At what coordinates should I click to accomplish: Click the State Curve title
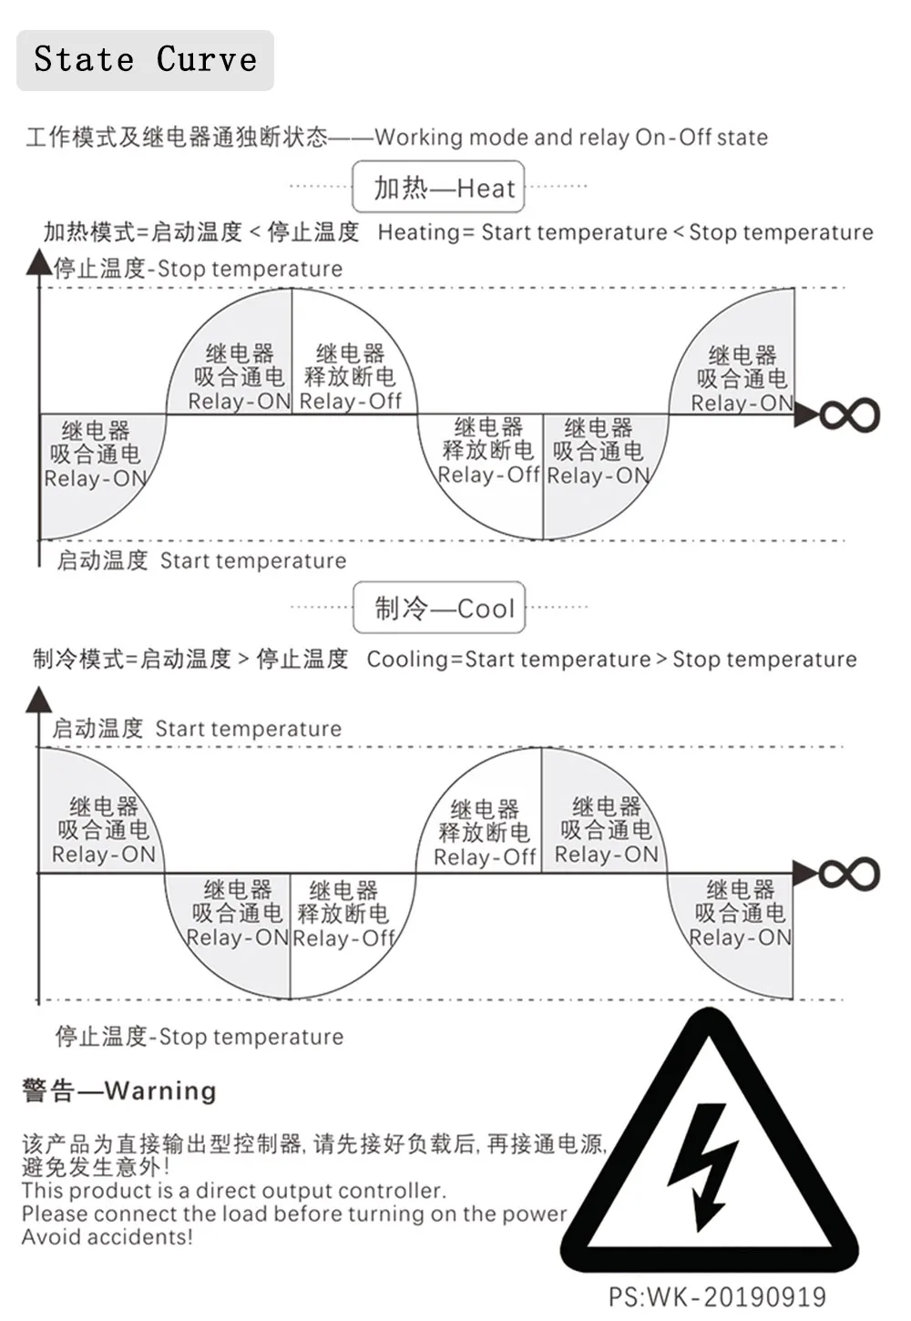145,59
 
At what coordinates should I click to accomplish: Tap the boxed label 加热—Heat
438,187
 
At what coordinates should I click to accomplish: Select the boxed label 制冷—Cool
439,608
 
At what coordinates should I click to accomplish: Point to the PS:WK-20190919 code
717,1297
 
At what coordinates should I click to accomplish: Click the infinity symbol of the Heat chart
850,415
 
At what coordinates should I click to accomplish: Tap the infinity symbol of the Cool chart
849,874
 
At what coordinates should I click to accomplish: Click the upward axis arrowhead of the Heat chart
39,261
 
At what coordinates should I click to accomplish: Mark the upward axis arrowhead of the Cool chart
39,700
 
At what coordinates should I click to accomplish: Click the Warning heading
118,1091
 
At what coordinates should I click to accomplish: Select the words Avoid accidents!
107,1236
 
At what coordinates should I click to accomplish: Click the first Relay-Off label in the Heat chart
350,401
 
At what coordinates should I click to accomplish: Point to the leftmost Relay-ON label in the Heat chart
96,478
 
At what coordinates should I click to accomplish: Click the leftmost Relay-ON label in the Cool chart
104,854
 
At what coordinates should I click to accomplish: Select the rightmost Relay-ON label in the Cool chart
740,937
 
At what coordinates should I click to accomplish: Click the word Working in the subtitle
419,138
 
